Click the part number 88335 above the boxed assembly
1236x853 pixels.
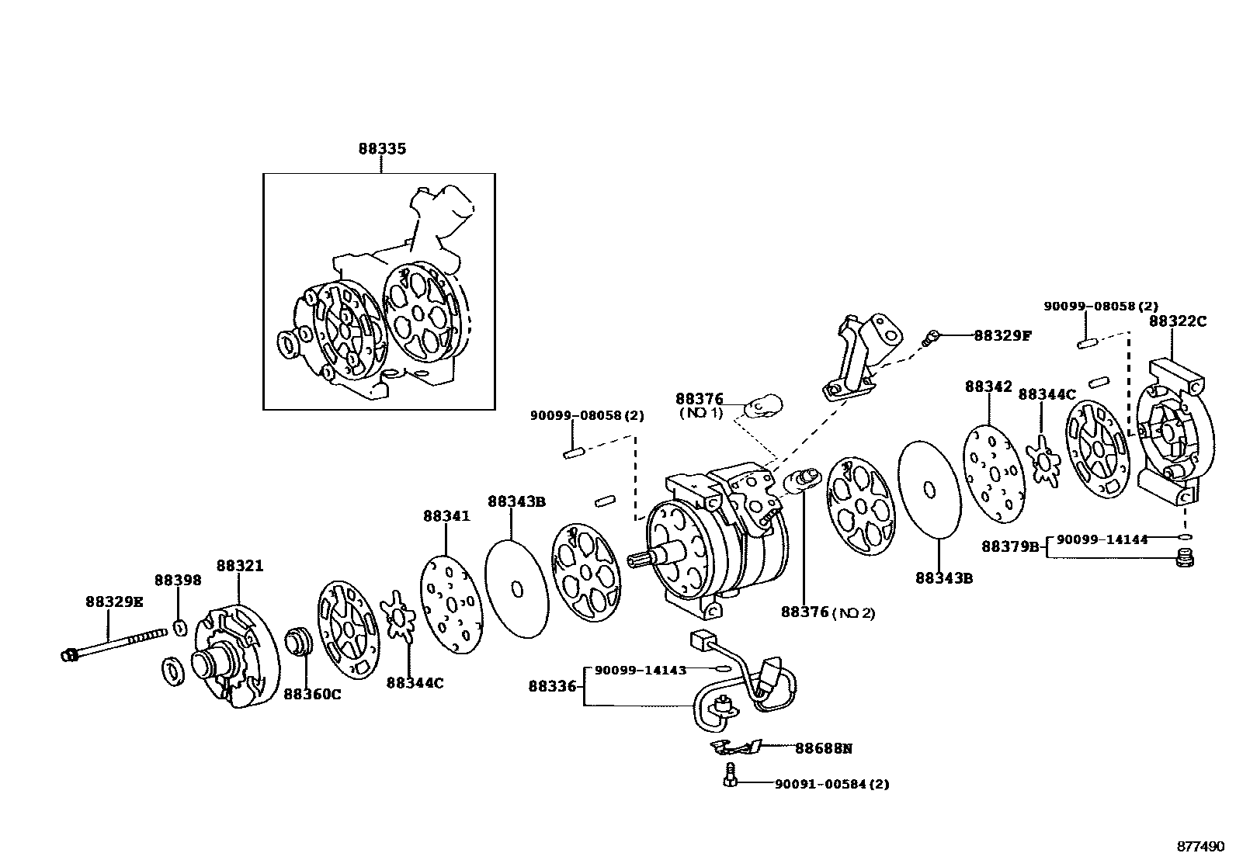coord(382,148)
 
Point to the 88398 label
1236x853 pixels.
coord(178,580)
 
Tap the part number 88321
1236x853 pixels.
coord(240,566)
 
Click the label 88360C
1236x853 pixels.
coord(311,694)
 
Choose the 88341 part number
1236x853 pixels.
coord(446,515)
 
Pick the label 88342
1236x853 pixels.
coord(988,386)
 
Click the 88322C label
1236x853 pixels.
coord(1178,321)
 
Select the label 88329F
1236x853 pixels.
coord(1003,335)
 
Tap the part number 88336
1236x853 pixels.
coord(553,686)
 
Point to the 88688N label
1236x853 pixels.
coord(823,748)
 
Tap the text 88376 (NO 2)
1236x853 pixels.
coord(828,612)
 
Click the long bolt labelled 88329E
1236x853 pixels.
coord(116,644)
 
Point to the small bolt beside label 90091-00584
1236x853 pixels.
coord(729,775)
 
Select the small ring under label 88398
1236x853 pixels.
coord(179,627)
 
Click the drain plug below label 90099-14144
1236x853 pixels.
coord(1185,557)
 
